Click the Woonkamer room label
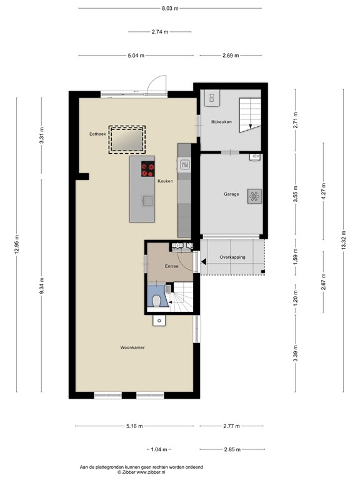coord(132,347)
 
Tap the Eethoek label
coord(97,134)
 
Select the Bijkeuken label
coord(221,122)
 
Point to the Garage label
coord(231,194)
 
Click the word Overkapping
coord(232,257)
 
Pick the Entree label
coord(171,266)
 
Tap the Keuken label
coord(165,181)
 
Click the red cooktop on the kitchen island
coord(148,169)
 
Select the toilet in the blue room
coord(157,301)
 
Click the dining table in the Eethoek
coord(127,139)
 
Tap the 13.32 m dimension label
coord(343,240)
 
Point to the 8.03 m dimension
coord(170,8)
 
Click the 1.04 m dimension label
coord(159,449)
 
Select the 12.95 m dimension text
coord(16,244)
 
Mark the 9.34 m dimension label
coord(42,285)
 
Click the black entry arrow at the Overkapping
coord(203,262)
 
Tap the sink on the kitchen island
coord(147,201)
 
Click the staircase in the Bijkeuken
coord(250,115)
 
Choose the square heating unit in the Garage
coord(254,196)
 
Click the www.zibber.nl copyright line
coord(141,472)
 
